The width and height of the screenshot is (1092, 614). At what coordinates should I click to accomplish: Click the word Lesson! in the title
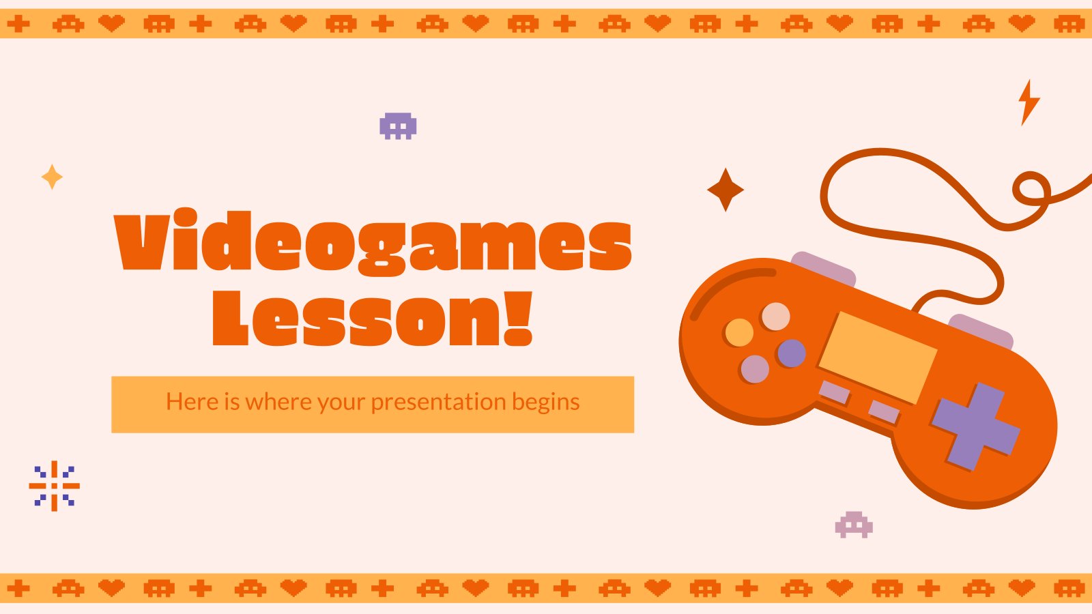click(x=373, y=319)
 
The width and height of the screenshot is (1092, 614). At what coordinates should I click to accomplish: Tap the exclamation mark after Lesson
click(x=518, y=319)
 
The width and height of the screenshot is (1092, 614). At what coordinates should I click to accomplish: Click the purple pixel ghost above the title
click(x=398, y=126)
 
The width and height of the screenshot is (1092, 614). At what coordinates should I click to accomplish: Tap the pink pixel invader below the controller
click(x=854, y=525)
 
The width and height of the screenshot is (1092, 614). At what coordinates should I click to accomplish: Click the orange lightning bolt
click(x=1029, y=102)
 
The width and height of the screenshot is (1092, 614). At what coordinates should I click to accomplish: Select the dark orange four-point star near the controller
click(x=725, y=190)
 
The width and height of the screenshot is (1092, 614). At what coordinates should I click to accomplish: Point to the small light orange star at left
click(x=52, y=177)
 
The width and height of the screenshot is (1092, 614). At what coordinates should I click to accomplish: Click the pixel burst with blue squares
click(x=54, y=486)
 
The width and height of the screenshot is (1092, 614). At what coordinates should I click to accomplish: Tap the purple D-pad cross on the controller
click(x=975, y=426)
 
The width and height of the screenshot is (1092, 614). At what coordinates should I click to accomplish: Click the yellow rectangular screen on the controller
click(x=878, y=357)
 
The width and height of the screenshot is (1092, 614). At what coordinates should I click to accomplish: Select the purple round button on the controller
click(x=791, y=353)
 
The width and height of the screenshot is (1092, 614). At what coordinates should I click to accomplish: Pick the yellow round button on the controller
click(x=739, y=332)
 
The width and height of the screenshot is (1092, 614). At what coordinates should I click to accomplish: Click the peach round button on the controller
click(x=775, y=317)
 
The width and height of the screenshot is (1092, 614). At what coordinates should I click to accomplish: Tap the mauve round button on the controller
click(x=755, y=369)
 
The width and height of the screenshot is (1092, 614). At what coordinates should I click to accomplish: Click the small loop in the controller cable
click(x=1031, y=188)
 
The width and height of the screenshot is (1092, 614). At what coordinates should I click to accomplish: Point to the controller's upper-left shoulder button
click(x=823, y=269)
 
